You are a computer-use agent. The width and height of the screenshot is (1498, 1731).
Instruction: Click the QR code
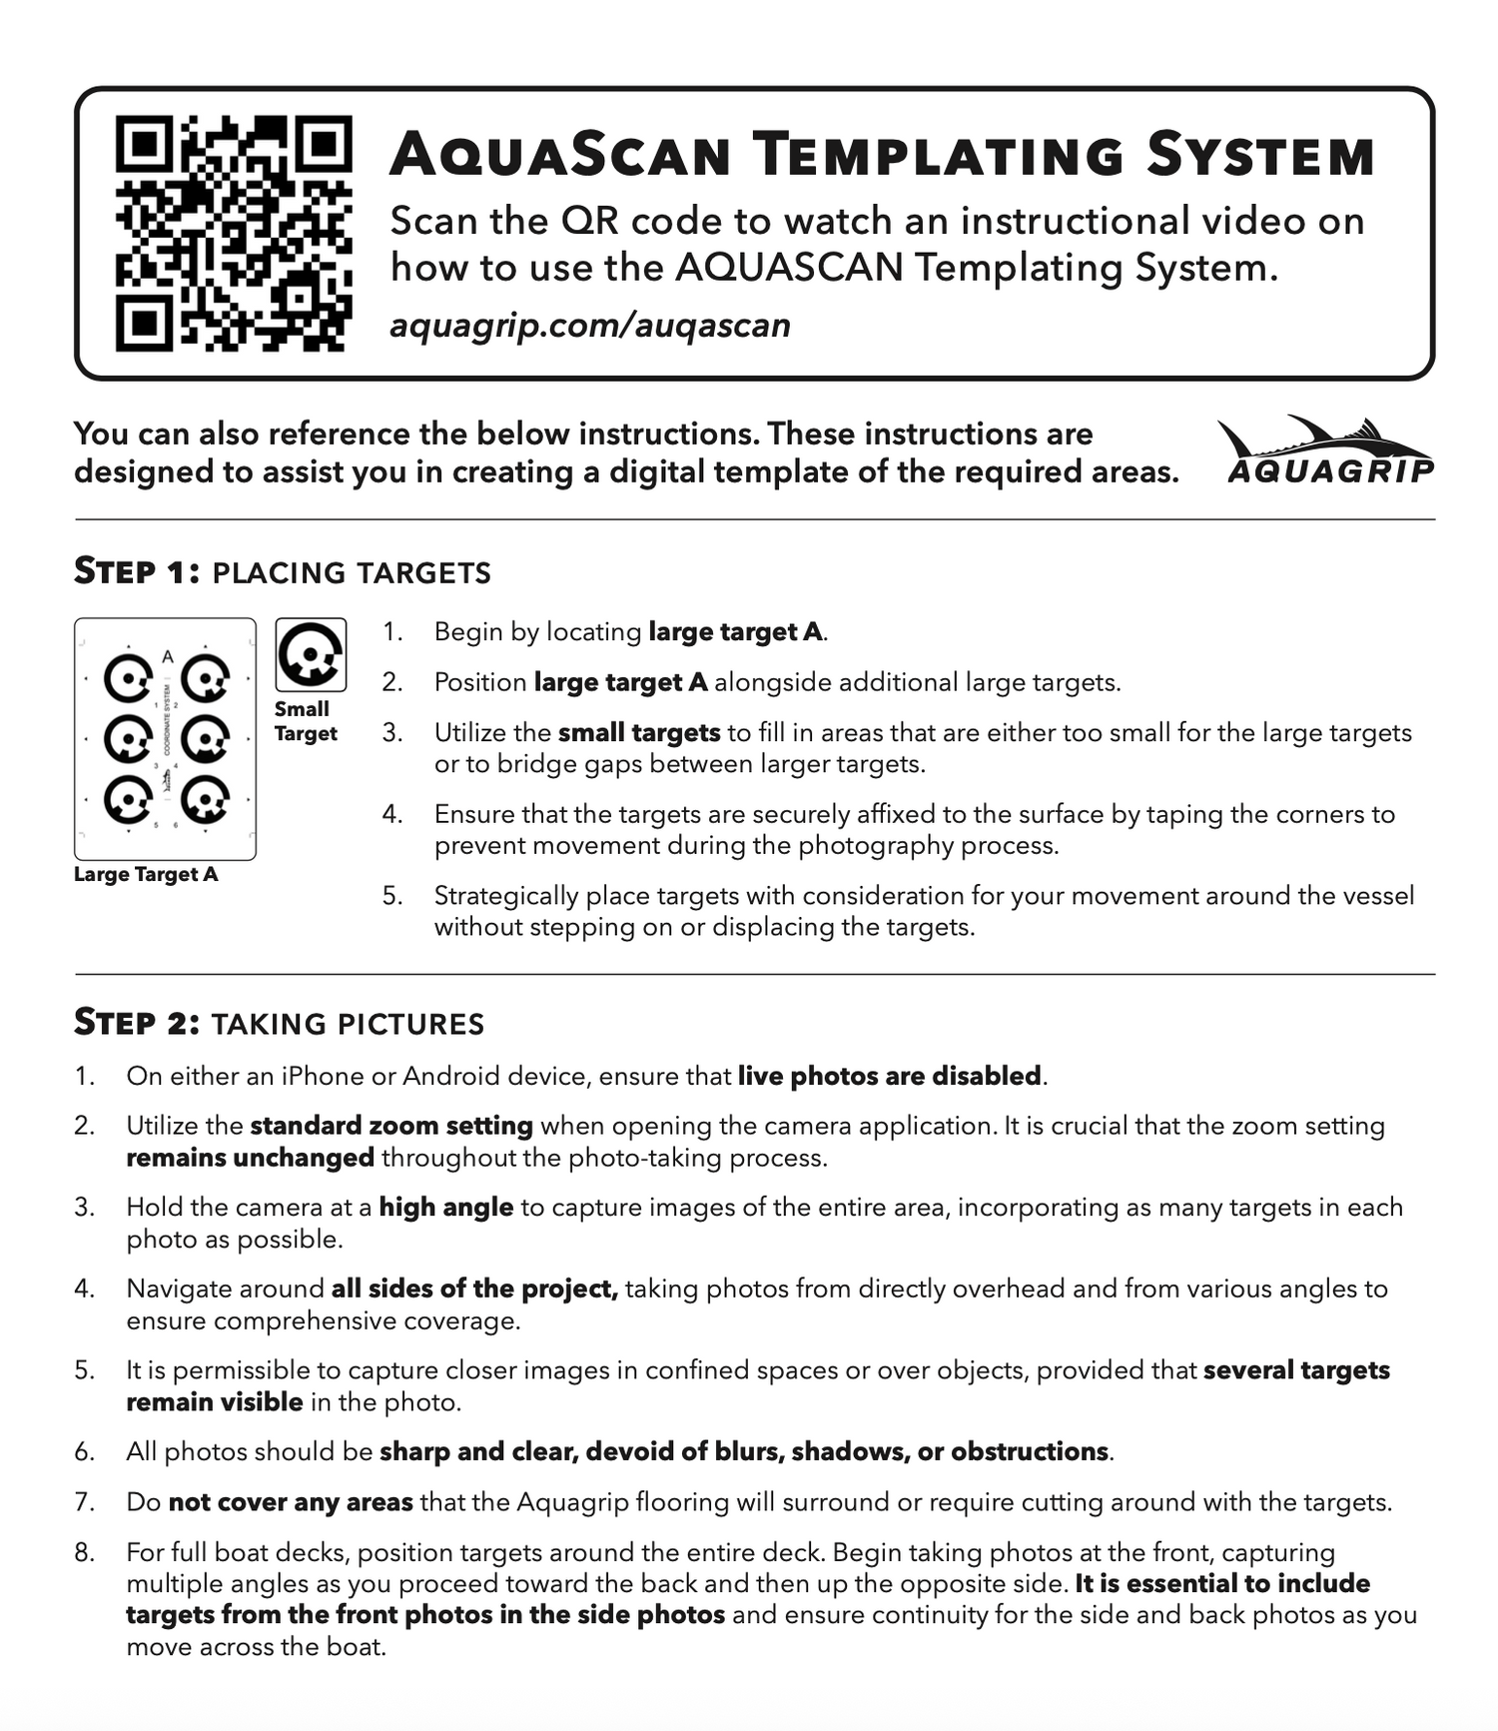(x=234, y=234)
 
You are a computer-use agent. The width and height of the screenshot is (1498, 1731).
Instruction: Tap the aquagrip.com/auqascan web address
(x=589, y=326)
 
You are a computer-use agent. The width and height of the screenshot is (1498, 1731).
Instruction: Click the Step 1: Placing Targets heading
(x=283, y=571)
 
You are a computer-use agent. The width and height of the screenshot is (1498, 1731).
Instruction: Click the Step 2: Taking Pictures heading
(x=279, y=1023)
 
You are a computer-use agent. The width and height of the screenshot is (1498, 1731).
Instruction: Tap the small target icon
(x=311, y=655)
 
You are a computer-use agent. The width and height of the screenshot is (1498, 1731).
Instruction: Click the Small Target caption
(x=305, y=721)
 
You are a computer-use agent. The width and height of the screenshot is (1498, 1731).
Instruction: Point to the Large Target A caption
(x=146, y=874)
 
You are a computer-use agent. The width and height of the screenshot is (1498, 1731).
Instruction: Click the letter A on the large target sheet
(x=168, y=656)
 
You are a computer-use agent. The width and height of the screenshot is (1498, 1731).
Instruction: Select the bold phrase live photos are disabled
(x=889, y=1076)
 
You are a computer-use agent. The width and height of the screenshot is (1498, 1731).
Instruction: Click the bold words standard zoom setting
(x=390, y=1126)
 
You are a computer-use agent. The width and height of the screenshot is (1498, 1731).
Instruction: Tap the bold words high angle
(x=445, y=1207)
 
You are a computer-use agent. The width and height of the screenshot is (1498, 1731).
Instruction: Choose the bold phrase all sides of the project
(x=474, y=1289)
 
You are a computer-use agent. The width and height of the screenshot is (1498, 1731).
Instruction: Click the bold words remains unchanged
(x=250, y=1158)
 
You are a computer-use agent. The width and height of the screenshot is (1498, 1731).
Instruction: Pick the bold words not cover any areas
(x=290, y=1501)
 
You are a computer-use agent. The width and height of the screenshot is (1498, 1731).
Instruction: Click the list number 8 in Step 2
(x=84, y=1552)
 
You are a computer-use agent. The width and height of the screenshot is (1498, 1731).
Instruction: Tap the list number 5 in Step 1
(x=392, y=895)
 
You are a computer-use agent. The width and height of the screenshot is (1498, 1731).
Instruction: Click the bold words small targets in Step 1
(x=638, y=732)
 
